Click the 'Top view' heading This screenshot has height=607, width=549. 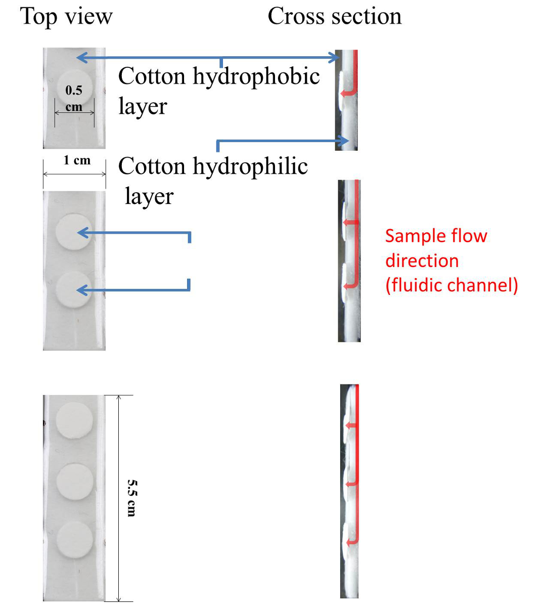click(66, 16)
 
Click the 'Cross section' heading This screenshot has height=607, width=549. click(334, 16)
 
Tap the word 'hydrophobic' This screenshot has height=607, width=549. click(256, 77)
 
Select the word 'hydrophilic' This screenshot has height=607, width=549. click(250, 167)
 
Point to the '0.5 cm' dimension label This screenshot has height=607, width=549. click(74, 98)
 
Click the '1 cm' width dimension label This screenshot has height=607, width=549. click(77, 160)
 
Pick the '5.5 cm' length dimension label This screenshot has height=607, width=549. click(131, 498)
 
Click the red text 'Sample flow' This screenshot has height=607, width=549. click(436, 236)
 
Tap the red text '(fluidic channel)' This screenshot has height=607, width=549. click(451, 285)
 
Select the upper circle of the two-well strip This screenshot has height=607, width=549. click(74, 232)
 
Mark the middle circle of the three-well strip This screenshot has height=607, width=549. click(74, 482)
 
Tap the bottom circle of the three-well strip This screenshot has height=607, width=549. click(74, 540)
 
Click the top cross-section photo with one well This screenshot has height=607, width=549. click(346, 100)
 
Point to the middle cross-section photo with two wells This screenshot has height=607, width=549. click(349, 261)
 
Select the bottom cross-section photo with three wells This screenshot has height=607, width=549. click(349, 491)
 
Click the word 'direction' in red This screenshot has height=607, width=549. click(422, 261)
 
